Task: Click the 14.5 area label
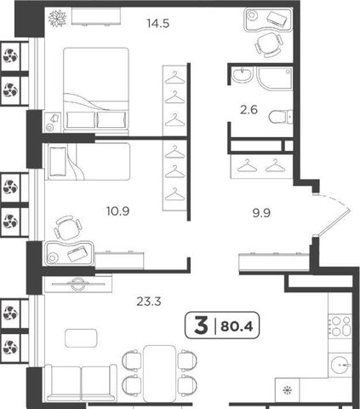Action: click(158, 23)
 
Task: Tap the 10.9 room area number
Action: click(118, 211)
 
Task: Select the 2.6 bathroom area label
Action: click(249, 110)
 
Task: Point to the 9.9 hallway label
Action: click(261, 213)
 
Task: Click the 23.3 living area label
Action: click(149, 302)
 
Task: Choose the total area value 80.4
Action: click(237, 326)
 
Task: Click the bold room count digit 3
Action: click(201, 325)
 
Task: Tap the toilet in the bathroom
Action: click(280, 117)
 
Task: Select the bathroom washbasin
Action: click(242, 75)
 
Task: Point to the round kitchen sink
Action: click(340, 365)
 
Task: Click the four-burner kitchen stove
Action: click(340, 325)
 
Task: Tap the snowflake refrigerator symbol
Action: click(288, 390)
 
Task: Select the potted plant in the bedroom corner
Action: click(57, 18)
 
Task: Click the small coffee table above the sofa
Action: click(81, 338)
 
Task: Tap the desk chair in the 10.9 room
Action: click(68, 228)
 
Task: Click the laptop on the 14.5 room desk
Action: click(277, 19)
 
